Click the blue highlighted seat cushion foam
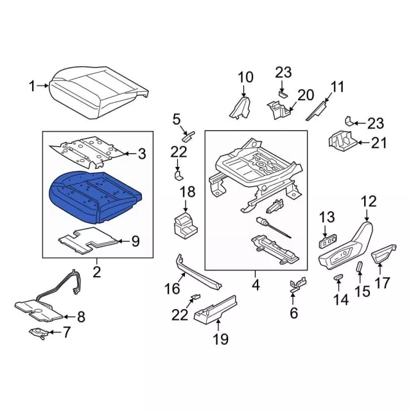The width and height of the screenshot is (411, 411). (x=96, y=197)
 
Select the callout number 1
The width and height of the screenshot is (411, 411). (x=32, y=86)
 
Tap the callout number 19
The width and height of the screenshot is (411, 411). (x=221, y=339)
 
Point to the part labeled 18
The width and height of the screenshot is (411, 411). (x=186, y=225)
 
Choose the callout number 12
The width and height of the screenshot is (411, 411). (x=369, y=202)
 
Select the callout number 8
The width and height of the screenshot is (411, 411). (x=82, y=317)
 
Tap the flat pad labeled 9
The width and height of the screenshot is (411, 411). (x=88, y=240)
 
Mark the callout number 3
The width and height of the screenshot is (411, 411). (x=142, y=154)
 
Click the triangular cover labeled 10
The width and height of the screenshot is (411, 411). (x=240, y=108)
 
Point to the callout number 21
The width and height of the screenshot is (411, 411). (x=379, y=143)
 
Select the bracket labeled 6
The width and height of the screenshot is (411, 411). (x=298, y=284)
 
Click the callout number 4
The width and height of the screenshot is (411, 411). (x=256, y=285)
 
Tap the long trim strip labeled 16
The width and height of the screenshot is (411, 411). (x=198, y=272)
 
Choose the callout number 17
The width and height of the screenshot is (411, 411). (x=382, y=283)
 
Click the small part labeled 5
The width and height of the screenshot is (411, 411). (x=188, y=136)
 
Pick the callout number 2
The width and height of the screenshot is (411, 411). (x=97, y=272)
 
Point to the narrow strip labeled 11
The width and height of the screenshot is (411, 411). (x=317, y=111)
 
